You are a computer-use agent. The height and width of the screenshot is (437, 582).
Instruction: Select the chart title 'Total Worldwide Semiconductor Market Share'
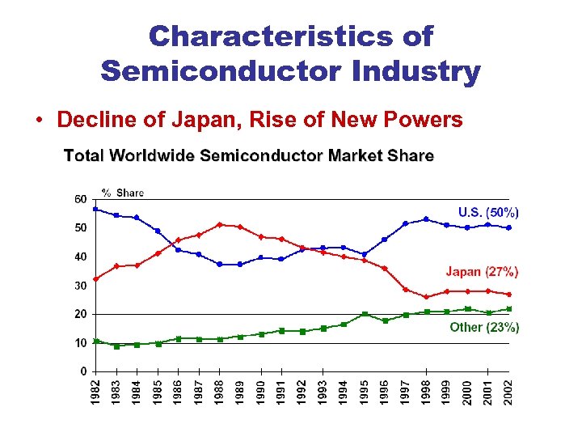tap(249, 155)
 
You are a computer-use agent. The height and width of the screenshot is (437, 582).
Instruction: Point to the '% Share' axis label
tap(122, 193)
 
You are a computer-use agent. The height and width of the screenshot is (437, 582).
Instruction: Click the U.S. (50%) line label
tap(488, 212)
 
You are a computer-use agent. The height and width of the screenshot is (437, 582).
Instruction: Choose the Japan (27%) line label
tap(482, 272)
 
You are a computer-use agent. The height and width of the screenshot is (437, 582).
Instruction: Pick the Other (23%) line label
tap(483, 327)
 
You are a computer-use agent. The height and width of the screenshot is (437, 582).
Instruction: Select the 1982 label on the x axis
tap(95, 392)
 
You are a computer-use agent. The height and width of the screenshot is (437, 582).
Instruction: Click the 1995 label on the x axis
tap(365, 392)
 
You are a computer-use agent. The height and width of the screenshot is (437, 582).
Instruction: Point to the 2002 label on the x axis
tap(508, 392)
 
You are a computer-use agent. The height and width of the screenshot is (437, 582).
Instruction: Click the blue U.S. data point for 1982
tap(95, 209)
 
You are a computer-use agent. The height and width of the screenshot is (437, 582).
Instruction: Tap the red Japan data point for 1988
tap(220, 224)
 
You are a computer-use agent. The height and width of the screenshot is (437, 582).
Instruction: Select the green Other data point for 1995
tap(365, 314)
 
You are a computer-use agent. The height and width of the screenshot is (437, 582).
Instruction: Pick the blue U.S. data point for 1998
tap(426, 218)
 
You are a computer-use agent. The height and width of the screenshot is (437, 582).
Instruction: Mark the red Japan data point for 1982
tap(95, 278)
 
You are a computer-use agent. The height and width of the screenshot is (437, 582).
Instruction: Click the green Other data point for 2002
tap(508, 309)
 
